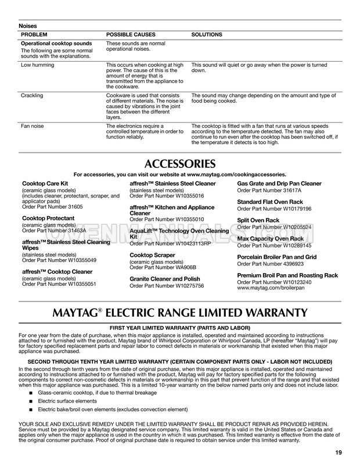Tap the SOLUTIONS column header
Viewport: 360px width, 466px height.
(x=207, y=35)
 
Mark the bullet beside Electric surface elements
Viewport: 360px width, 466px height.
(x=30, y=402)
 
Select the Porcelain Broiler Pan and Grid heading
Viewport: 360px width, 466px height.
(x=277, y=257)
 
